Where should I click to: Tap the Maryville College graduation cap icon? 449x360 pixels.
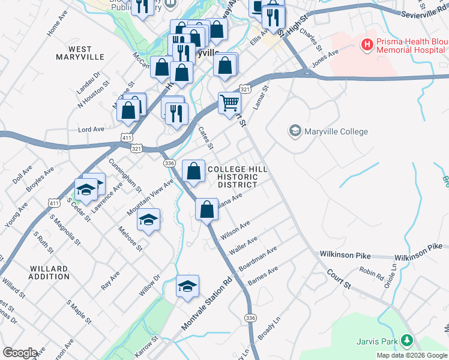(295, 131)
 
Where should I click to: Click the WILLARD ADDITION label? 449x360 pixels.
(49, 272)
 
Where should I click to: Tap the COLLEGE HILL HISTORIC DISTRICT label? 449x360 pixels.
(237, 177)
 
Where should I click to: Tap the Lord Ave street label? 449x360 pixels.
(91, 129)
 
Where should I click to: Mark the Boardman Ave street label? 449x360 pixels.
(258, 258)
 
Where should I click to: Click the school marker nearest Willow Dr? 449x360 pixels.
(187, 286)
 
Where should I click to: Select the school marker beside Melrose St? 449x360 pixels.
(148, 220)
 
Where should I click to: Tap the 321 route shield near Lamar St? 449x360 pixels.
(244, 89)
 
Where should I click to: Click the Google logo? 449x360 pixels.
(19, 352)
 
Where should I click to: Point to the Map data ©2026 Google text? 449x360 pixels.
(411, 355)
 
